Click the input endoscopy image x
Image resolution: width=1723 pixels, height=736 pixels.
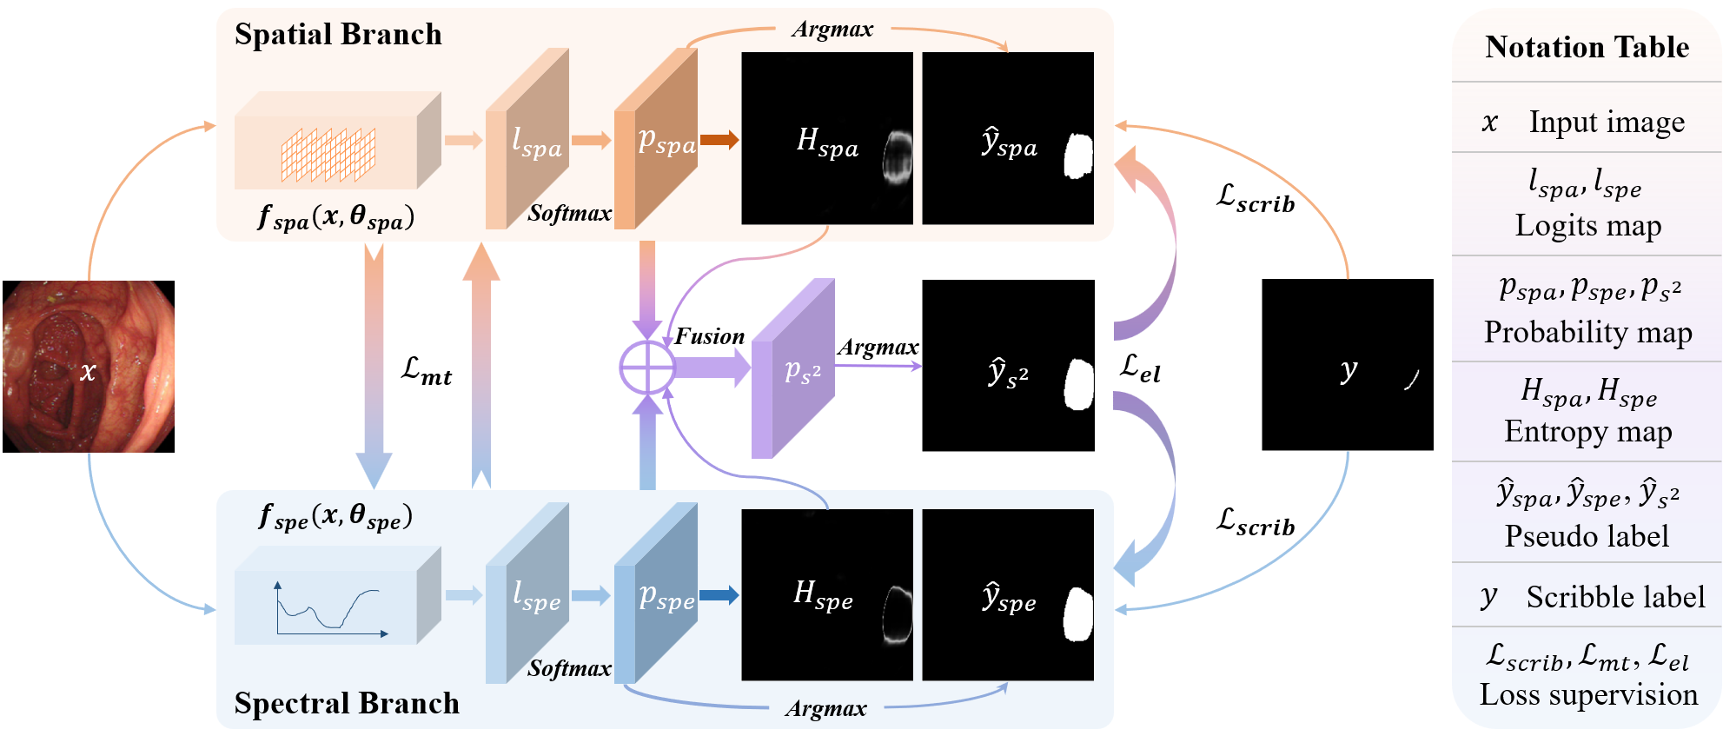(x=89, y=366)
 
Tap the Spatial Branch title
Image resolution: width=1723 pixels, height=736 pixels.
(x=338, y=35)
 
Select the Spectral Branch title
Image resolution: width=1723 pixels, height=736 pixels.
(x=347, y=703)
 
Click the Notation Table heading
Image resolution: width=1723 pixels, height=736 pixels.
(x=1587, y=47)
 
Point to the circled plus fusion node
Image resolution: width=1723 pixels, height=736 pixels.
(x=646, y=368)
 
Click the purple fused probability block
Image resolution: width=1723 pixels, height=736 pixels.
(x=792, y=368)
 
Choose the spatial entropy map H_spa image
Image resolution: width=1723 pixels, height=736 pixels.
(x=826, y=138)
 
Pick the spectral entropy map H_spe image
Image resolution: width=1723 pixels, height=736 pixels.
(x=826, y=594)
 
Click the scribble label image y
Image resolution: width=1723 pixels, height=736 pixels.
(x=1347, y=365)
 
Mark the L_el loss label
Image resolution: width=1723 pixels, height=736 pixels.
(x=1140, y=368)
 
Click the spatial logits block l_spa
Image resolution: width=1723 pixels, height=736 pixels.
(x=527, y=140)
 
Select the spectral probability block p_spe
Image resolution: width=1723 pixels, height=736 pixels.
(x=656, y=595)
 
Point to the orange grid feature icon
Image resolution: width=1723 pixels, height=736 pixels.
(x=328, y=154)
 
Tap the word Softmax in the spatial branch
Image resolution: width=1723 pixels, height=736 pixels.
(x=569, y=213)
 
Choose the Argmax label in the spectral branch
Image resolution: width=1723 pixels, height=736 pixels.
(x=825, y=709)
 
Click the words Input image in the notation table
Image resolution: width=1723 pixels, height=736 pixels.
(x=1607, y=123)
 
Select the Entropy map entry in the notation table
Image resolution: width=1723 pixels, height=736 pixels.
(x=1587, y=431)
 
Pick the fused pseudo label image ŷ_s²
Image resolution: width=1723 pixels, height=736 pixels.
(x=1008, y=365)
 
